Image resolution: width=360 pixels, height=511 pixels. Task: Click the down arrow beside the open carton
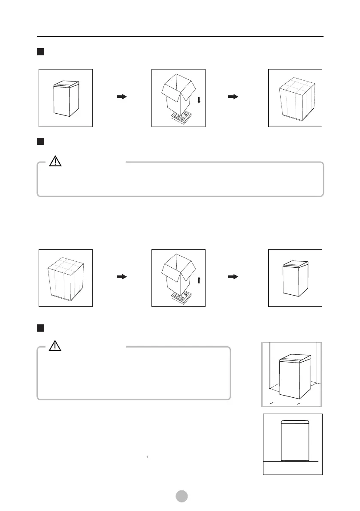point(199,100)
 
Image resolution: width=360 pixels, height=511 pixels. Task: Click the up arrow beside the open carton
point(199,280)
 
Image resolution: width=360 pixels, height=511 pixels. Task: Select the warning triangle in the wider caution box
point(56,161)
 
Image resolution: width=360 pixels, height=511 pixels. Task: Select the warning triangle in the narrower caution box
point(56,347)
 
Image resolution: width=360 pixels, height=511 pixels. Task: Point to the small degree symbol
point(147,457)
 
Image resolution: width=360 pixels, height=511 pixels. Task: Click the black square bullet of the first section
point(41,52)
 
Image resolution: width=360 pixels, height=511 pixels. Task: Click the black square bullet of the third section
point(41,328)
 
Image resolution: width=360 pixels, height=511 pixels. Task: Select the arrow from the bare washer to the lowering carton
point(122,97)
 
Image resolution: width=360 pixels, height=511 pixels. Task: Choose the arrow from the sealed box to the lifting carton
point(122,277)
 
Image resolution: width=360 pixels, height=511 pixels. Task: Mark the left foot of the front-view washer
point(284,461)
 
